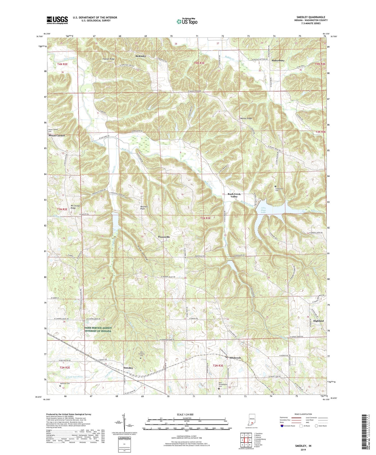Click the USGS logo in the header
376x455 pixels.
click(x=57, y=20)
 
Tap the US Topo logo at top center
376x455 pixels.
click(x=187, y=22)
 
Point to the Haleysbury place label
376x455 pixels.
click(x=278, y=60)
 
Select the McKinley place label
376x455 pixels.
click(x=141, y=56)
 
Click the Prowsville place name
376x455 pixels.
click(x=164, y=237)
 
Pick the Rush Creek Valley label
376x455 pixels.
click(x=234, y=195)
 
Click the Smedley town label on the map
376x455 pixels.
click(x=128, y=368)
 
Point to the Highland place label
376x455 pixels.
click(x=318, y=321)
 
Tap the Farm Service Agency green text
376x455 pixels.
click(x=98, y=329)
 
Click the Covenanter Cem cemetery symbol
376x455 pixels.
click(x=276, y=186)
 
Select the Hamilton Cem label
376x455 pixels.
click(x=65, y=383)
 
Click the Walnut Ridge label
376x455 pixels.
click(x=246, y=118)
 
